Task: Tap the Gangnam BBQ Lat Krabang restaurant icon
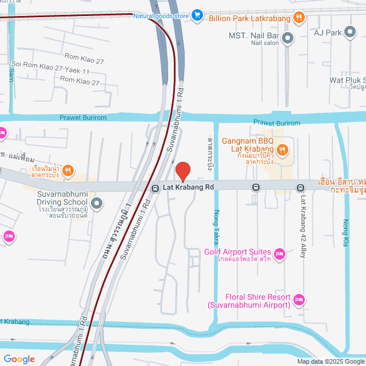coord(285,150)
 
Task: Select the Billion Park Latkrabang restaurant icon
coord(298,17)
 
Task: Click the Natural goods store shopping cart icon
coord(197,15)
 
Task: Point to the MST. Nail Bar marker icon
coord(288,39)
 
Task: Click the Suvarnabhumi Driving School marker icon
coord(97,203)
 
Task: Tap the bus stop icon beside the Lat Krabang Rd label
coord(155,188)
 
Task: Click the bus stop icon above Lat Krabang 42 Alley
coord(300,188)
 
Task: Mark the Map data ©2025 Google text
coord(330,361)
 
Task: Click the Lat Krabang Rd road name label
coord(188,187)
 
